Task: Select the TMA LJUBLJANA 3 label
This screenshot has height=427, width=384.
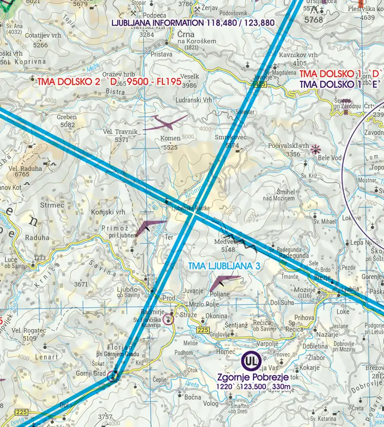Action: [224, 266]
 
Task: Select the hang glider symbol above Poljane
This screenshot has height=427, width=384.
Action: [224, 282]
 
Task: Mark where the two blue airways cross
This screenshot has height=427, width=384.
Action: [193, 216]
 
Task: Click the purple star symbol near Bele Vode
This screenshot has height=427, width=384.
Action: [315, 149]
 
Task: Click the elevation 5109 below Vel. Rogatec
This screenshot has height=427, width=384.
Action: [23, 338]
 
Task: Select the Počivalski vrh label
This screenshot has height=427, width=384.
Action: [288, 146]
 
